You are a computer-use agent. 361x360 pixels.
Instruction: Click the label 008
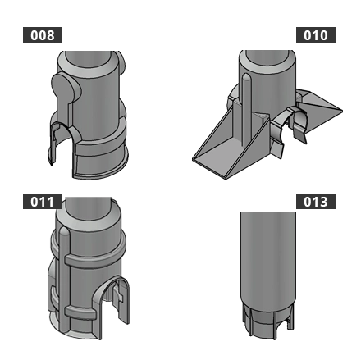click(42, 35)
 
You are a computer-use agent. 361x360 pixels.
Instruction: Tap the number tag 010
click(315, 35)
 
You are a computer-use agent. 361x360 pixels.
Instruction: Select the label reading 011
click(42, 202)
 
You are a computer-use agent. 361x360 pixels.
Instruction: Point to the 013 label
click(315, 202)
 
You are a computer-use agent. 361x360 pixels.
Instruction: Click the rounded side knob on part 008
click(64, 89)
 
